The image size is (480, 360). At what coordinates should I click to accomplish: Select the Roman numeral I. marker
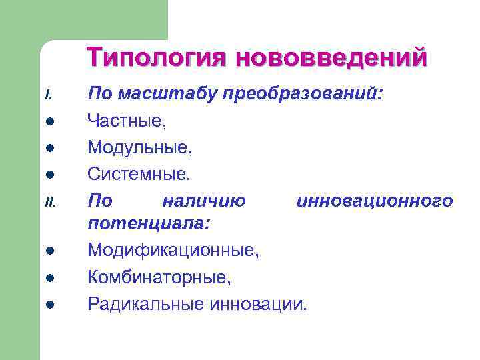pyautogui.click(x=49, y=96)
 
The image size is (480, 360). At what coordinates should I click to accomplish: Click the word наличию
pyautogui.click(x=204, y=200)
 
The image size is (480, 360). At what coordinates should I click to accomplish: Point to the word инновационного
pyautogui.click(x=375, y=200)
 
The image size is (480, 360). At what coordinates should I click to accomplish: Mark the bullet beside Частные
pyautogui.click(x=50, y=123)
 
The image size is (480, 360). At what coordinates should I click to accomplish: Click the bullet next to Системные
pyautogui.click(x=50, y=175)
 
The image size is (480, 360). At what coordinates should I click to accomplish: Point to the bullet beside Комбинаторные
pyautogui.click(x=50, y=279)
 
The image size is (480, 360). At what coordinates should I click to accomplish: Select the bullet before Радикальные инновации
pyautogui.click(x=50, y=305)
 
